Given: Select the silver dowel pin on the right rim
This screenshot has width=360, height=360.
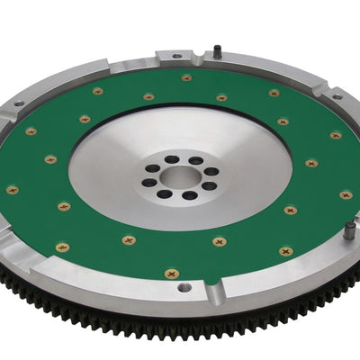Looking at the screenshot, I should click(x=349, y=231).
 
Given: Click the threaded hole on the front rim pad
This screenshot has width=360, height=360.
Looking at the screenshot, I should click(x=184, y=288).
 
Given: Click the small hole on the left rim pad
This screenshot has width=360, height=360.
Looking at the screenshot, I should click(x=17, y=106).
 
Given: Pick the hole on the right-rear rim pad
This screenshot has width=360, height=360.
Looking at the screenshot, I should click(x=337, y=96).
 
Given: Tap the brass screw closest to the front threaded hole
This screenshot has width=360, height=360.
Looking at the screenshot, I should click(x=172, y=272).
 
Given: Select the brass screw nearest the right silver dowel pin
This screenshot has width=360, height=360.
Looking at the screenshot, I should click(x=346, y=194).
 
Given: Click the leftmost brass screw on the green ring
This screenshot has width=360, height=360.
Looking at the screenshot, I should click(x=12, y=190).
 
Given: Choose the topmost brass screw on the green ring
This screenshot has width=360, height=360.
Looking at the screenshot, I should click(x=186, y=77).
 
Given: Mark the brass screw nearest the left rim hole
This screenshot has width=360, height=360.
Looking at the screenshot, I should click(x=31, y=131).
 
